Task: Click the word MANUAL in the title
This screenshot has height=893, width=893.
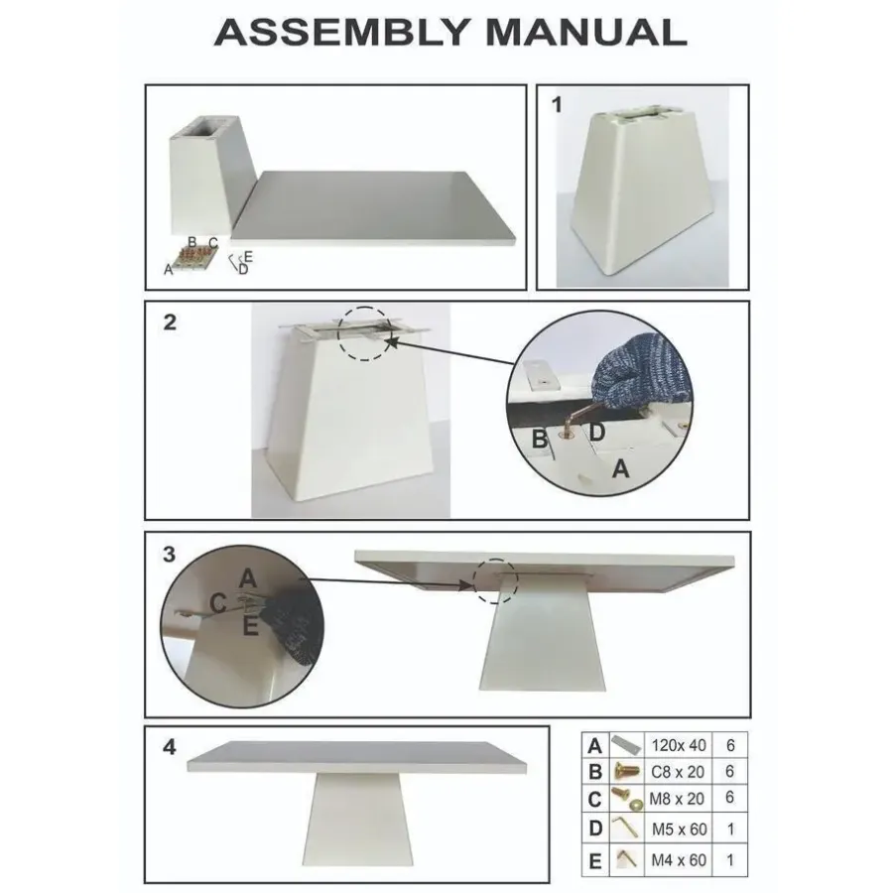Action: pyautogui.click(x=586, y=33)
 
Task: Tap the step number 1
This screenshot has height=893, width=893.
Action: pyautogui.click(x=557, y=105)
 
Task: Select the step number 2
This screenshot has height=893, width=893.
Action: pyautogui.click(x=170, y=322)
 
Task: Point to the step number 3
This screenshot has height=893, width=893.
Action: pyautogui.click(x=169, y=554)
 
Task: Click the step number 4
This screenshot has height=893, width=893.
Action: pyautogui.click(x=169, y=746)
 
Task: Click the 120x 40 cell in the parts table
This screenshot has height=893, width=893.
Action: pyautogui.click(x=679, y=745)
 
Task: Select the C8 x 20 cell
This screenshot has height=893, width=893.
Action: pyautogui.click(x=679, y=772)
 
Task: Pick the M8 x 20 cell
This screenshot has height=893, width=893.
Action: pyautogui.click(x=679, y=799)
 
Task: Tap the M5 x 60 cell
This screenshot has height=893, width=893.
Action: pyautogui.click(x=679, y=829)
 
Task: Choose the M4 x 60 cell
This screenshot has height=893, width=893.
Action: pyautogui.click(x=679, y=860)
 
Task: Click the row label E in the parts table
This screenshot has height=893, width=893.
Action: pyautogui.click(x=594, y=861)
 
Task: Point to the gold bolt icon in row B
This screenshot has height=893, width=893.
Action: pyautogui.click(x=626, y=772)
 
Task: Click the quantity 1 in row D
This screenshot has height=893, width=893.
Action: pyautogui.click(x=730, y=829)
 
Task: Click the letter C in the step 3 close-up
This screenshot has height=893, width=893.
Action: pyautogui.click(x=217, y=603)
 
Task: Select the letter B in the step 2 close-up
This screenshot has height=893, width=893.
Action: pyautogui.click(x=539, y=440)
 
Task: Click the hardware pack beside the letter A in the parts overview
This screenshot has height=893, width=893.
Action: pyautogui.click(x=193, y=258)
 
